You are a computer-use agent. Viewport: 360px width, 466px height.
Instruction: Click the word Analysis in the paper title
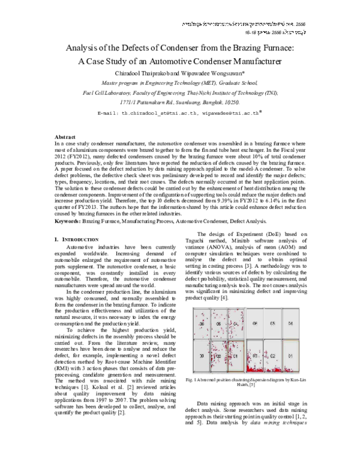click(x=85, y=49)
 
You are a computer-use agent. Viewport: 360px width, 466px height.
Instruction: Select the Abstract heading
click(x=64, y=138)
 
